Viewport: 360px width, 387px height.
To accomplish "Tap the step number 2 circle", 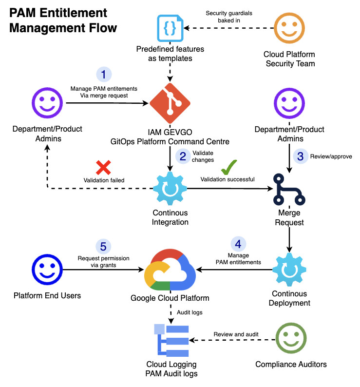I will pos(183,156).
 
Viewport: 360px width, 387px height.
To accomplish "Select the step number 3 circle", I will pos(300,156).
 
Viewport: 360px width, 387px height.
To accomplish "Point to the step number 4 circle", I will pos(238,244).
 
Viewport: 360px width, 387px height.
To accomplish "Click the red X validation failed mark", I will pos(103,168).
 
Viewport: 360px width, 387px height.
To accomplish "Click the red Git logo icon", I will pos(170,103).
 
